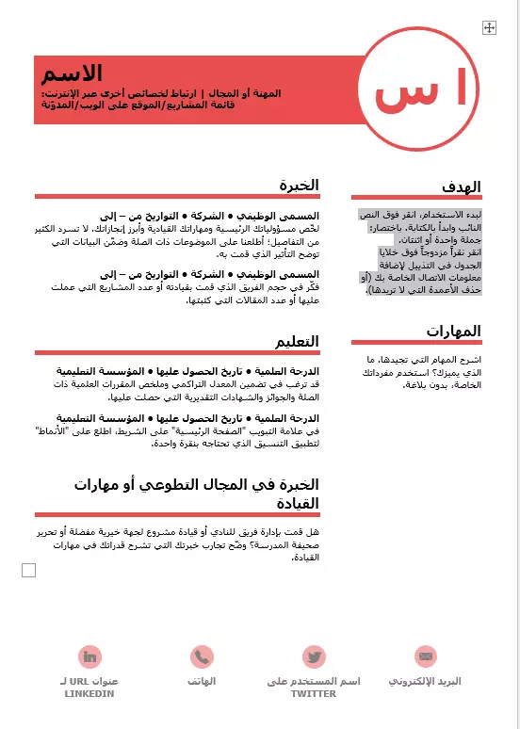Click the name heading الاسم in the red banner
click(x=79, y=73)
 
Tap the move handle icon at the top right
click(x=489, y=28)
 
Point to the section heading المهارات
click(x=453, y=331)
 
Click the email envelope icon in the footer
click(x=427, y=656)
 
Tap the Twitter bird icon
click(x=314, y=656)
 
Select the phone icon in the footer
click(x=202, y=656)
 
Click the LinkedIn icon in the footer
click(x=90, y=656)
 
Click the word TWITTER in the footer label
click(x=314, y=693)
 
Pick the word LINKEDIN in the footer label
click(x=89, y=693)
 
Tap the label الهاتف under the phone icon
click(x=202, y=681)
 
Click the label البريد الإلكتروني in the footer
click(x=427, y=681)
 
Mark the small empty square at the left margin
click(x=28, y=570)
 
